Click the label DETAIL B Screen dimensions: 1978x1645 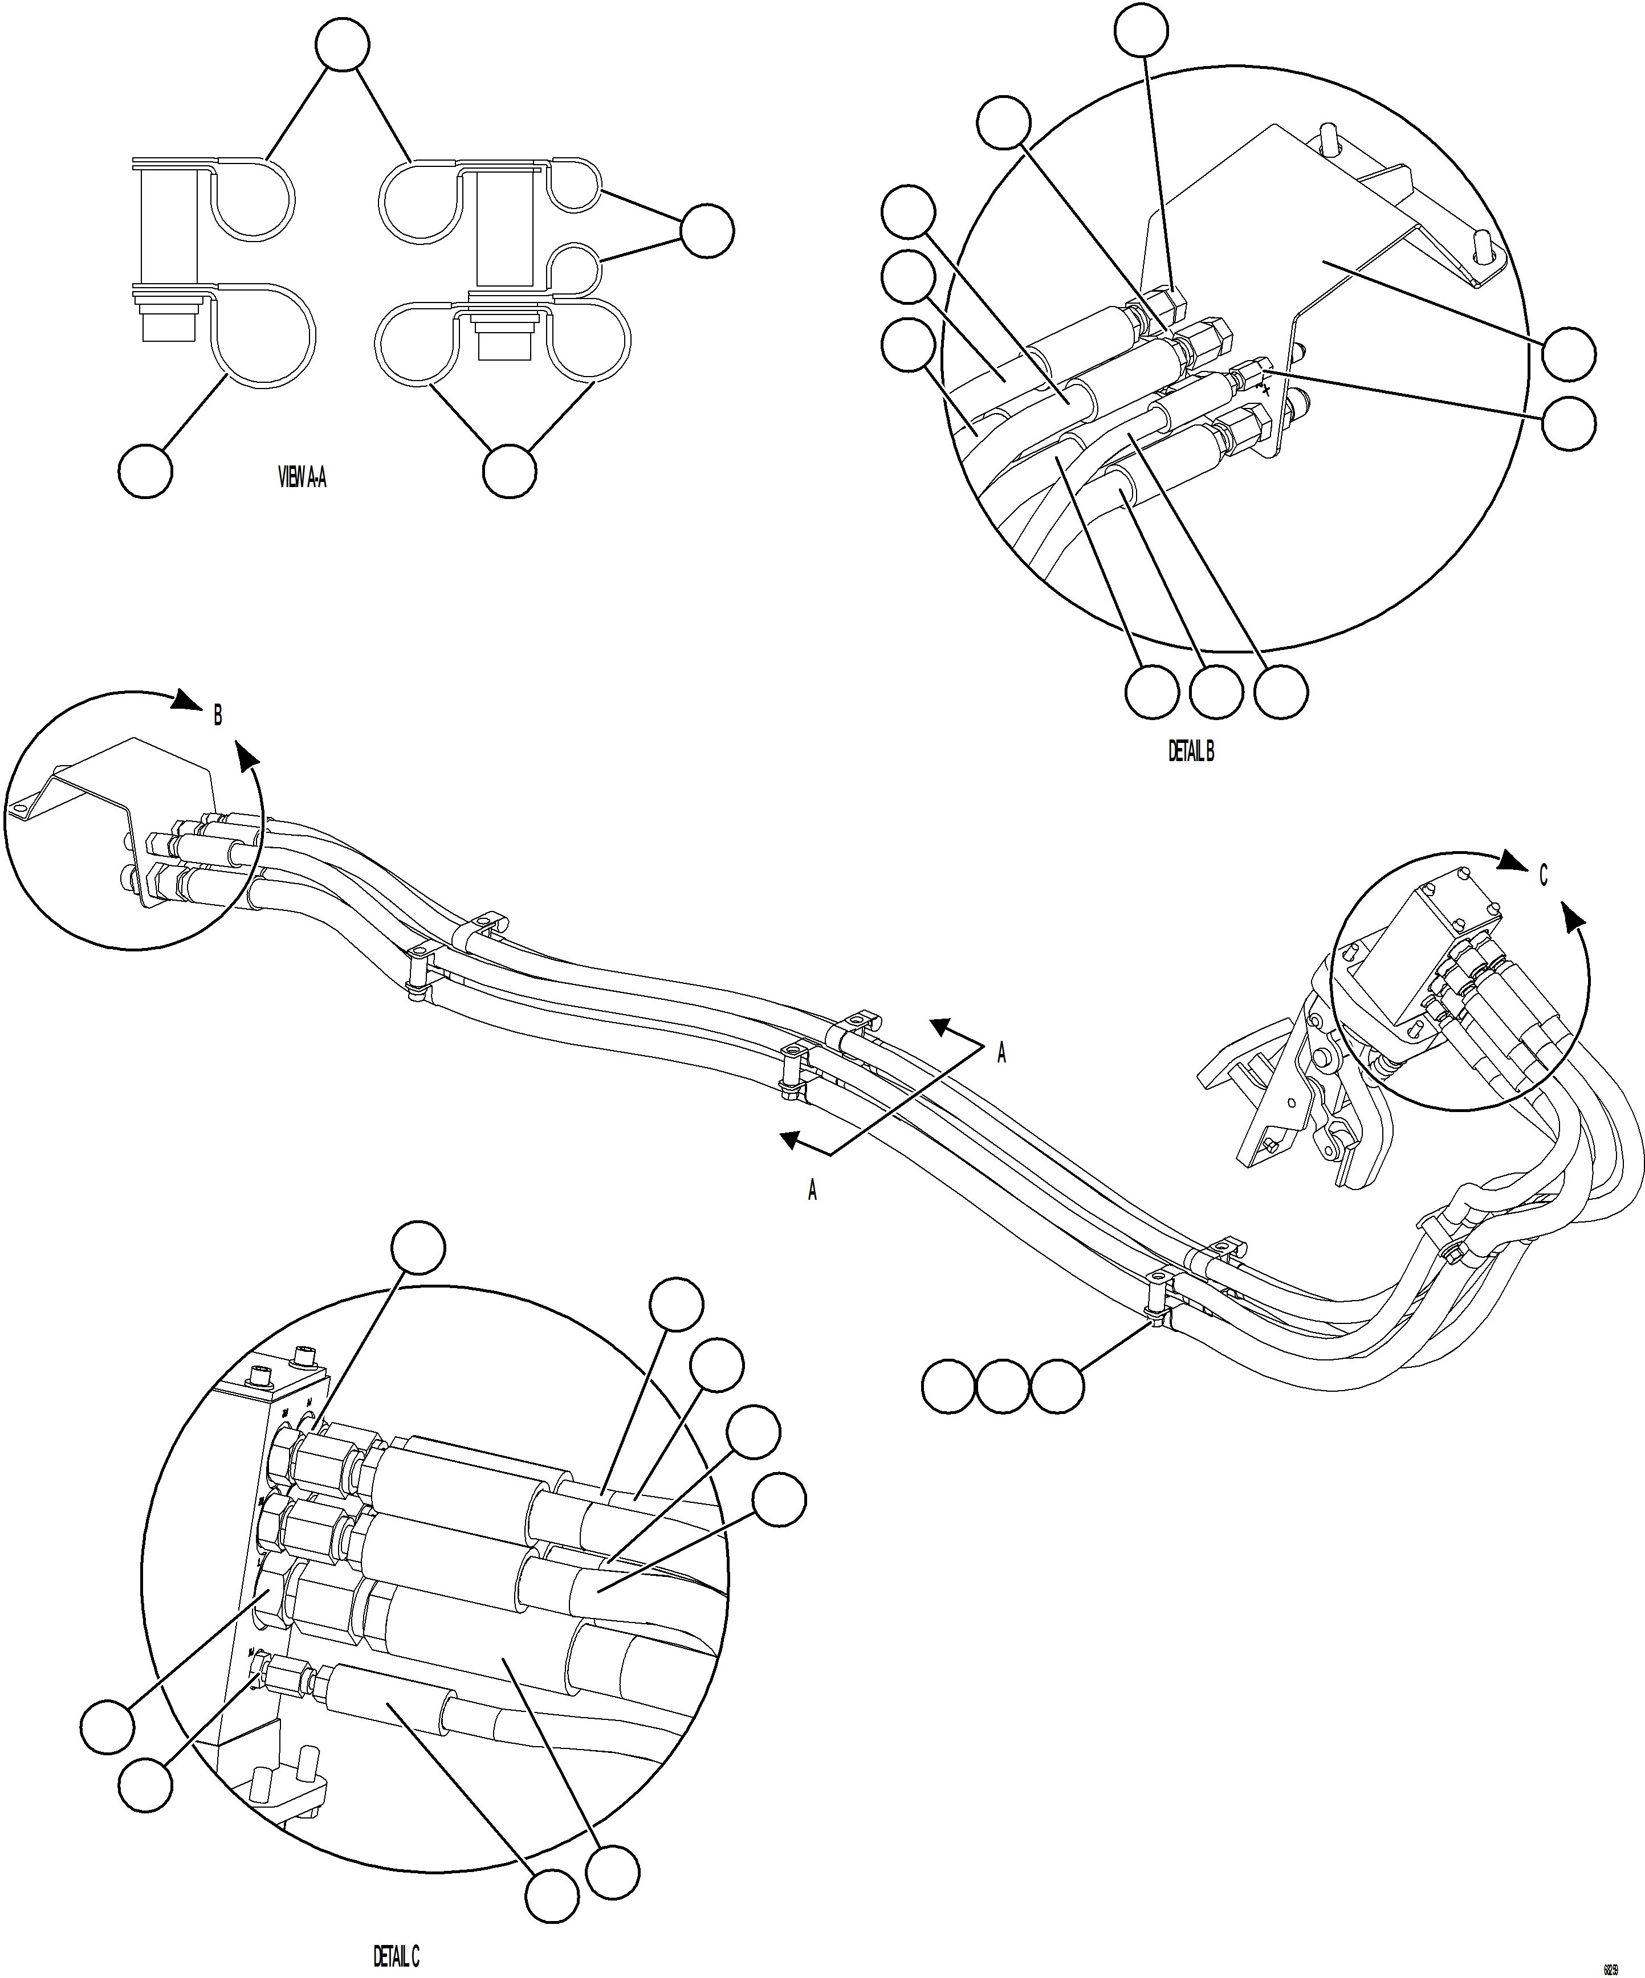point(1191,751)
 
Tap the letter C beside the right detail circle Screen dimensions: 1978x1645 point(1542,876)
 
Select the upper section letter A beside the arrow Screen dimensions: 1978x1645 point(1001,1053)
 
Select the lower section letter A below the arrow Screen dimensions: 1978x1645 point(812,1191)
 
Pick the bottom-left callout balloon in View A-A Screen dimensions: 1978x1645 point(146,471)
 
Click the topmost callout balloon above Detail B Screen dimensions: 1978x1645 point(1141,30)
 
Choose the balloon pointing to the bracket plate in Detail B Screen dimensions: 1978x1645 point(1569,354)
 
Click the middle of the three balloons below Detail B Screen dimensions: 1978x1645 point(1215,692)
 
